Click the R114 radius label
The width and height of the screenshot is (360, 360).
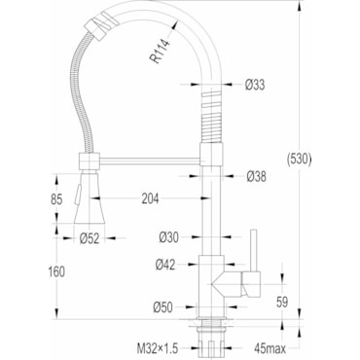(x=161, y=51)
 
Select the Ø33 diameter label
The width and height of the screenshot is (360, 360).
(x=255, y=85)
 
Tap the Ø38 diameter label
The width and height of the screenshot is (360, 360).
(x=256, y=176)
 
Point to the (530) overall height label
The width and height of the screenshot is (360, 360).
(x=299, y=160)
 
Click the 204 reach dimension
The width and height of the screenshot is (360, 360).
(x=150, y=198)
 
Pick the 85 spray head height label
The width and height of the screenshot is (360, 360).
(x=56, y=199)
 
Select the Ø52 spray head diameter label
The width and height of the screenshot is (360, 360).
(x=90, y=238)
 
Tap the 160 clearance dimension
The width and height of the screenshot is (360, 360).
(x=56, y=271)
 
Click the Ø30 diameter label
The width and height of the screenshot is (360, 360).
(x=168, y=237)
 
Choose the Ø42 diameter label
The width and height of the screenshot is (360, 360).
(x=165, y=265)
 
